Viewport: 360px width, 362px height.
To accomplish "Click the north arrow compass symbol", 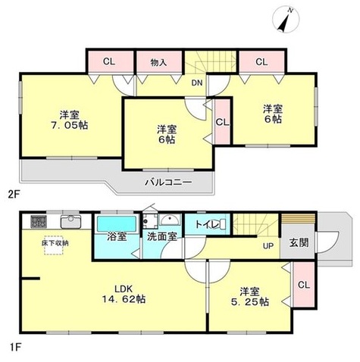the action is point(286,20).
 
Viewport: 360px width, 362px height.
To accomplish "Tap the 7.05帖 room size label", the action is point(70,125).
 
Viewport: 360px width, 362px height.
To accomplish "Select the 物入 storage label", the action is point(158,62).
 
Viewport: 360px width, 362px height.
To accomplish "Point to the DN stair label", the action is point(197,83).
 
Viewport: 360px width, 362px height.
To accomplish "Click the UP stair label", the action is point(268,245).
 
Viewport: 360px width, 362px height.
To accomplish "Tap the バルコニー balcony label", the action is point(168,182).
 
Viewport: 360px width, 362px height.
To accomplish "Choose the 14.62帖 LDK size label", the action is point(124,299).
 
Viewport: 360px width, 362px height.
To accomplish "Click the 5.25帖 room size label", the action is point(250,302).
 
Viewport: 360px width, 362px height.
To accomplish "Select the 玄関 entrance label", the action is point(299,242).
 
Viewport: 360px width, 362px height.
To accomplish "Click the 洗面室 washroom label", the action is point(162,237).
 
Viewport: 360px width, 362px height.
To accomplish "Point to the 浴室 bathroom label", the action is point(117,236).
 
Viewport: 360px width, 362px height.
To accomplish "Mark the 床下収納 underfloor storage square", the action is point(53,245).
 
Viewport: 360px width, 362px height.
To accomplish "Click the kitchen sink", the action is point(70,222).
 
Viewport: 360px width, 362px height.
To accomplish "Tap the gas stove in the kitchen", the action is point(39,221).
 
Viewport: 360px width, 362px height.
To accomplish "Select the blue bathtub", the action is point(117,223).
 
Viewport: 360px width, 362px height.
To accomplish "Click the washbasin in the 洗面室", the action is point(171,220).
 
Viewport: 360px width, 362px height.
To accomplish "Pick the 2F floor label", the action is point(13,195).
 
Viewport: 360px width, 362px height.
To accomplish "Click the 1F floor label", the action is point(15,348).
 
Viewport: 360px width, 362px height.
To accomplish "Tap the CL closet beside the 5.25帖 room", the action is point(304,285).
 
